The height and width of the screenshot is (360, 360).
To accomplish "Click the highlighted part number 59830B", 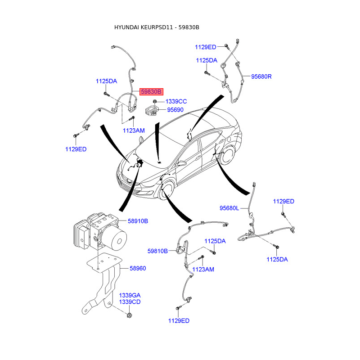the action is [151, 91].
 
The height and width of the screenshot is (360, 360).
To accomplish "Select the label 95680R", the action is [261, 76].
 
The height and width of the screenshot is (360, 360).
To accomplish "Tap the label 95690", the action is [175, 109].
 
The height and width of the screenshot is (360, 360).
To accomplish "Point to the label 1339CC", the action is [176, 102].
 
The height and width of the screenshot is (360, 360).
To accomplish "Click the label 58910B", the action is [138, 221].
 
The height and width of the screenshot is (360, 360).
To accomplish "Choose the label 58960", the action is [138, 268].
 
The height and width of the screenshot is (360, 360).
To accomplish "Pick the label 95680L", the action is [230, 208].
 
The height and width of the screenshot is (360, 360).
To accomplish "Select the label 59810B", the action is [157, 251].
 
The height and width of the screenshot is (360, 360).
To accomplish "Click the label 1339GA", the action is [130, 295].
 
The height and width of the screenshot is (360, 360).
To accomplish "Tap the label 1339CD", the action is [130, 302].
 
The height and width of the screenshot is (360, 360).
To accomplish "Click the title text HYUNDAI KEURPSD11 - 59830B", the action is [157, 27].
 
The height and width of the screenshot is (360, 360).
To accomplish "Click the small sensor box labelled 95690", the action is [152, 110].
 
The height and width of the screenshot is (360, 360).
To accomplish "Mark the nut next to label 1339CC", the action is [155, 101].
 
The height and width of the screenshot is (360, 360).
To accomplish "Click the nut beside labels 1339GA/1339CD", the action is [129, 314].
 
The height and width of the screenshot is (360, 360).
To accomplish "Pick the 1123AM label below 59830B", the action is [134, 130].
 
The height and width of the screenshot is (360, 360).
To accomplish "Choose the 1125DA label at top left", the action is [106, 81].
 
